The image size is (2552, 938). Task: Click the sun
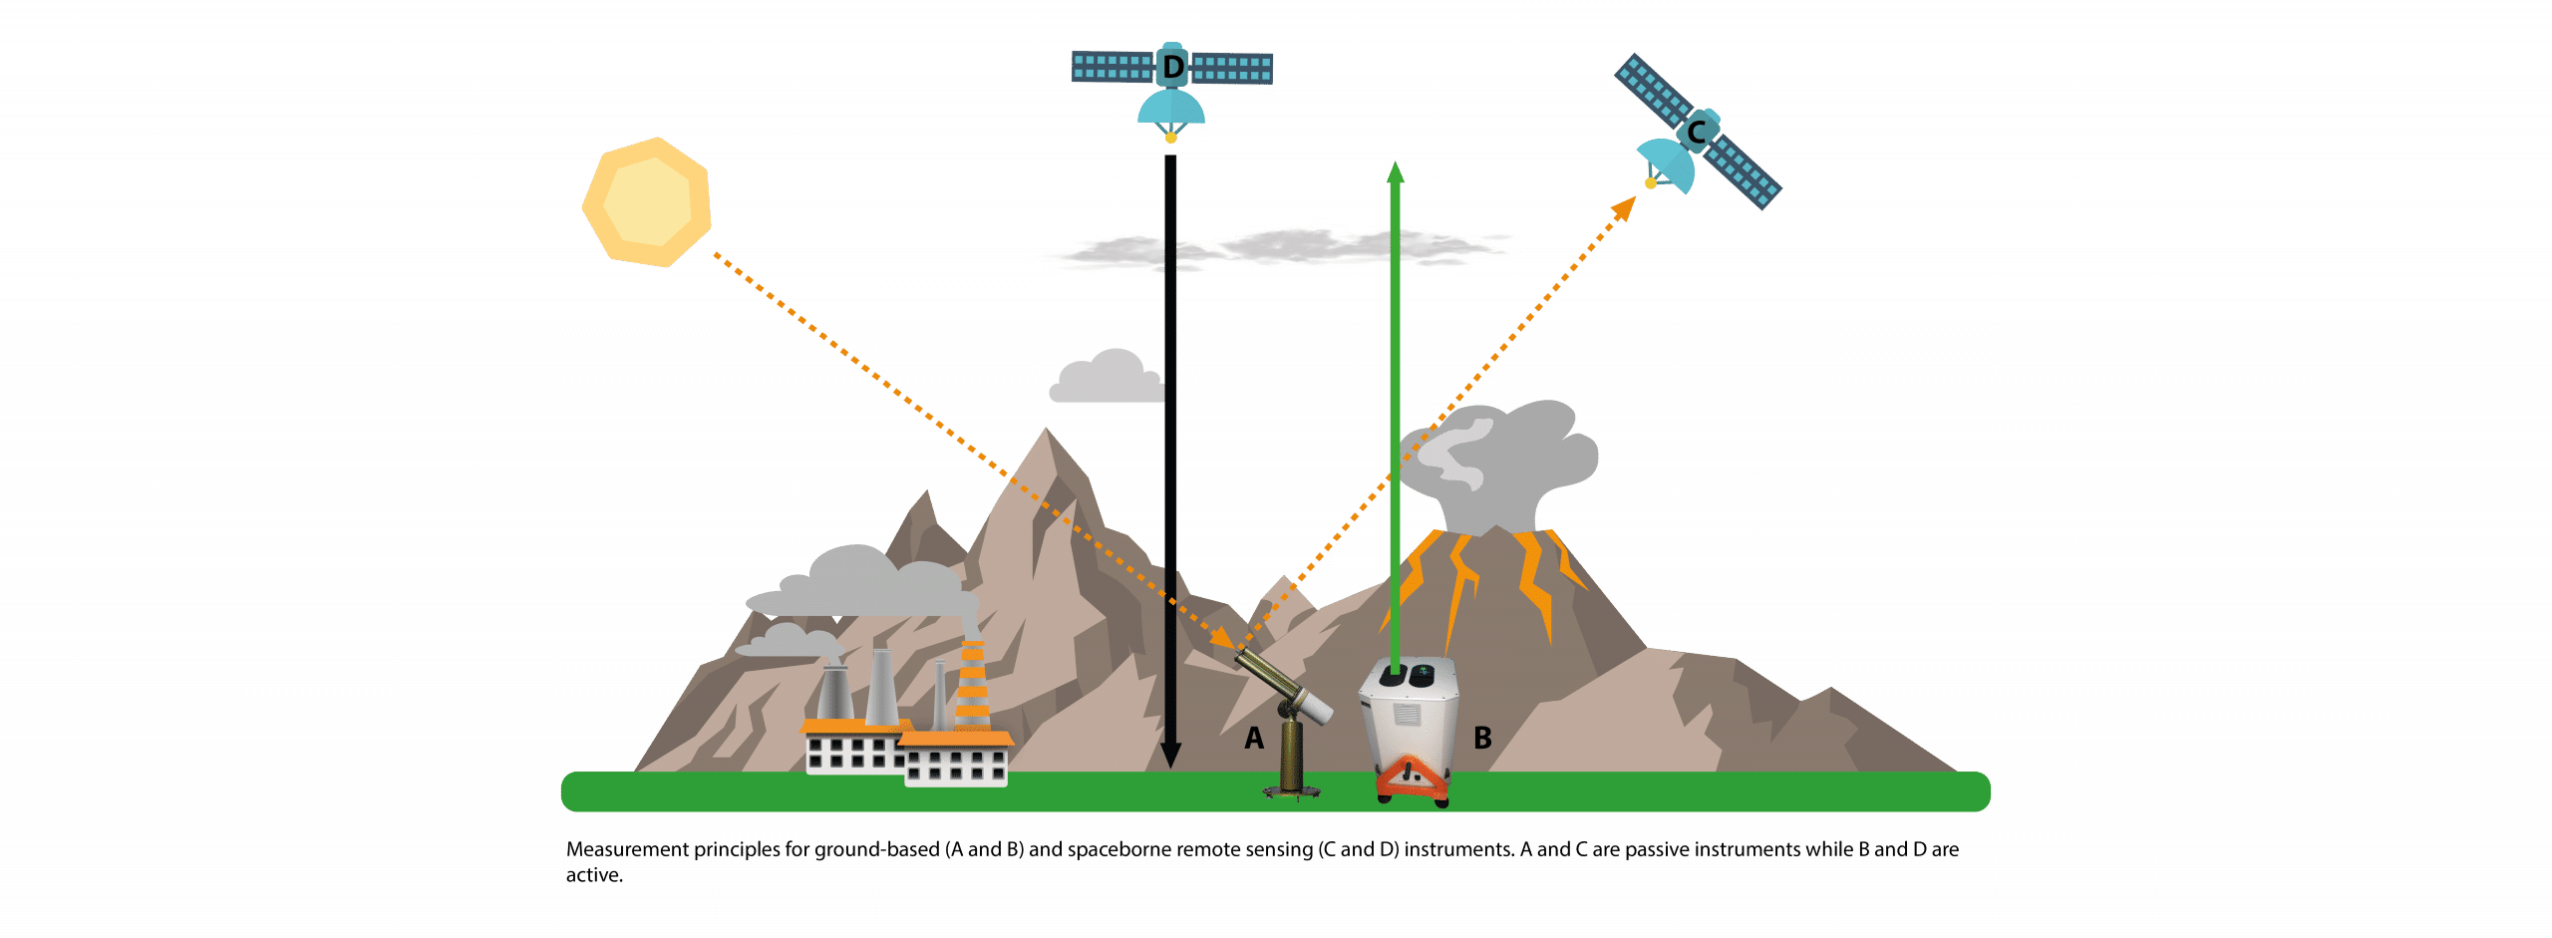coord(646,202)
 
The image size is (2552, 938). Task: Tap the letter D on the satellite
coord(1173,68)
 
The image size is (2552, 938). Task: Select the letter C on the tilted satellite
coord(1695,132)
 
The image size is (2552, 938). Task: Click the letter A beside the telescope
coord(1254,738)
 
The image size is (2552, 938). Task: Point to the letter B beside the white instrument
coord(1482,738)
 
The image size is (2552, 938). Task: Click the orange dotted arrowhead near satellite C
coord(1625,206)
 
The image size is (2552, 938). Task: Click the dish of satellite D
coord(1171,108)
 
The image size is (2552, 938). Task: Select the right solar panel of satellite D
coord(1233,69)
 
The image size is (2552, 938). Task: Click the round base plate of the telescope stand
coord(1292,792)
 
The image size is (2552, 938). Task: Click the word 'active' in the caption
coord(593,875)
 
